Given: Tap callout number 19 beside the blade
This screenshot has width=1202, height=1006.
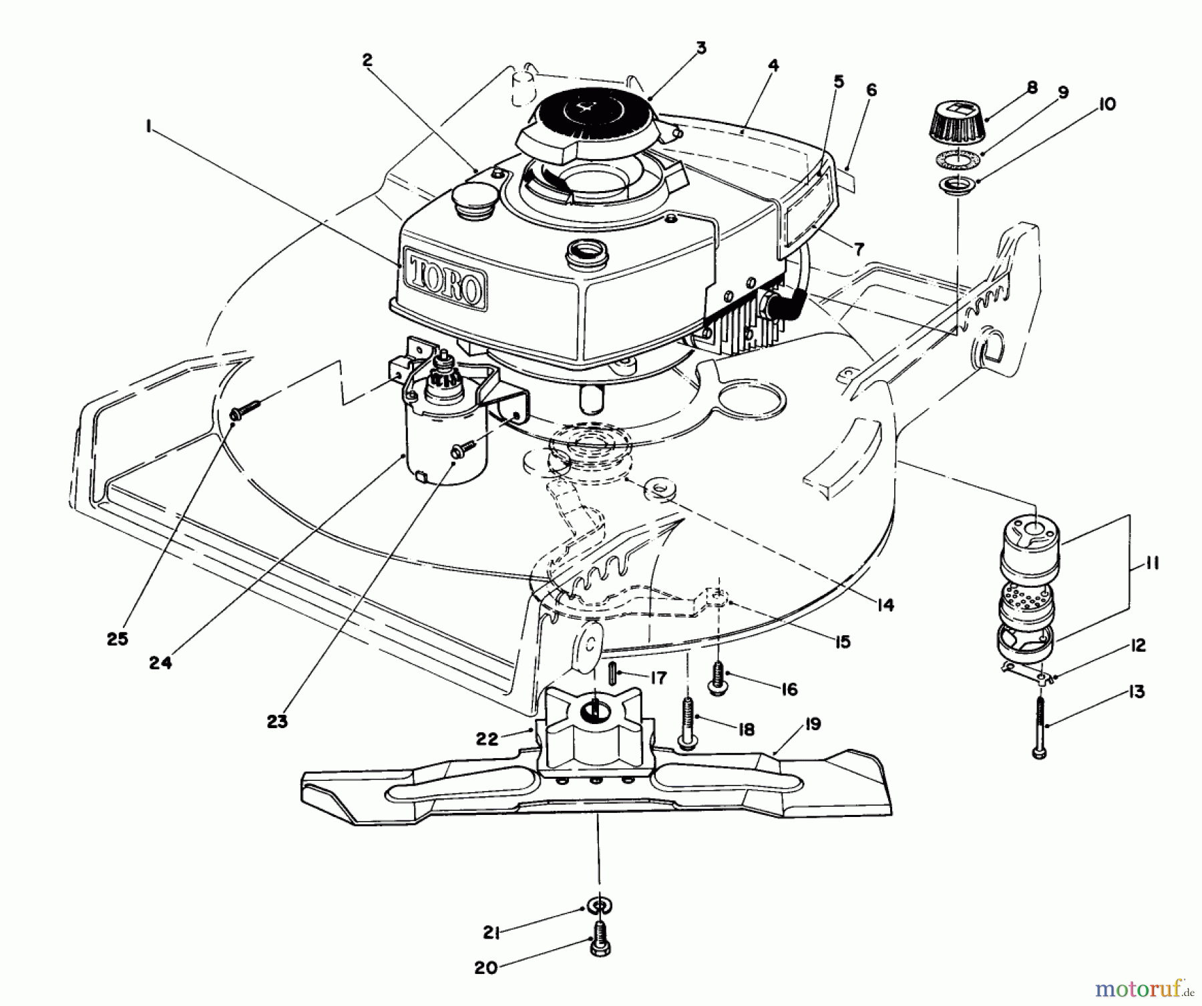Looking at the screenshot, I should pos(812,724).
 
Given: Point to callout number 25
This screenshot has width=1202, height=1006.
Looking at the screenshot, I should pos(118,639).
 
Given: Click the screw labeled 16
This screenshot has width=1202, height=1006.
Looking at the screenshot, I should pos(719,679).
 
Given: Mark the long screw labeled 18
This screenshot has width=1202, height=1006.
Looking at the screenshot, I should pos(686,721).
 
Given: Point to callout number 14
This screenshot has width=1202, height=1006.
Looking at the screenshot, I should pos(885,605).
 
